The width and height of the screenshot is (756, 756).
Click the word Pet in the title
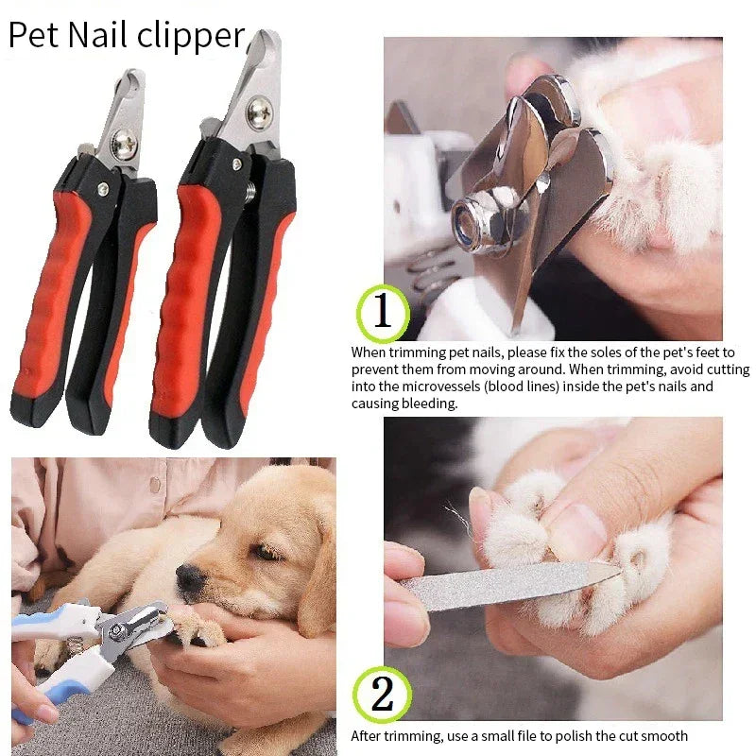point(34,35)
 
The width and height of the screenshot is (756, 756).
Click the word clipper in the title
point(191,38)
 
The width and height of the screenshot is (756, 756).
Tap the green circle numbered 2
point(383,695)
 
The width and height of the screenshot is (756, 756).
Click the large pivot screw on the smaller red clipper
point(124,144)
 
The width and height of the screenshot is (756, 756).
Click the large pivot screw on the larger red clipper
point(260,112)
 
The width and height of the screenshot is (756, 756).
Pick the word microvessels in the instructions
point(440,387)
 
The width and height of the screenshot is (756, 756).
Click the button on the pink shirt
point(155,484)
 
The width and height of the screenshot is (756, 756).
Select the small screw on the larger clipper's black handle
point(237,164)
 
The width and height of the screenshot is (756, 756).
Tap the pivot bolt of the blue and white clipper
point(115,631)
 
